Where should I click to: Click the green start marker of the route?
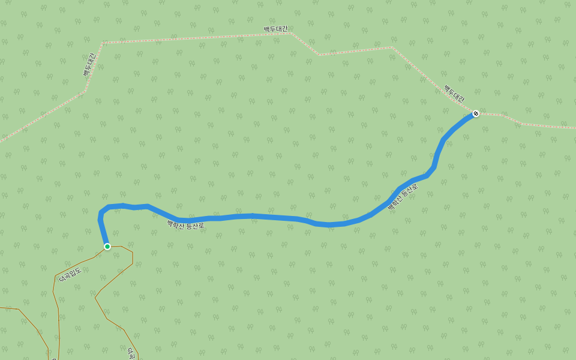(107, 247)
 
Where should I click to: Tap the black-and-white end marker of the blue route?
(476, 113)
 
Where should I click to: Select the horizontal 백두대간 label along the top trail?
(275, 29)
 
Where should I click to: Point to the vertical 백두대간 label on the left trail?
(89, 65)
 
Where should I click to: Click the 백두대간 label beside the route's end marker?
(454, 94)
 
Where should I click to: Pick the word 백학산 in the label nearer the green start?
(176, 224)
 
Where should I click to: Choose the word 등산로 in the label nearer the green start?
(196, 226)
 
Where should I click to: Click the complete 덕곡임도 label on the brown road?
(70, 274)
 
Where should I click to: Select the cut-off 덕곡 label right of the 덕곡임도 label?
(131, 352)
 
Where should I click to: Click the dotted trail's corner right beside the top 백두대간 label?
(290, 33)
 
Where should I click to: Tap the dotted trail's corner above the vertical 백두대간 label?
(103, 43)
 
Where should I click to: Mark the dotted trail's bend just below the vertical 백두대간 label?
(84, 92)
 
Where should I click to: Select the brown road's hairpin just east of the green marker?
(132, 252)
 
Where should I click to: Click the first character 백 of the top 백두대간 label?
(266, 29)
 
